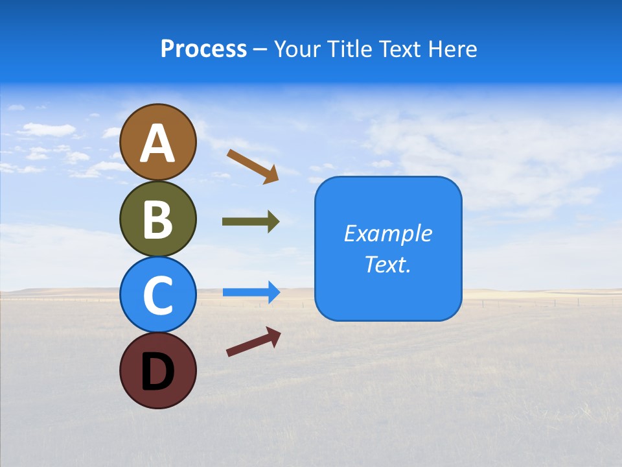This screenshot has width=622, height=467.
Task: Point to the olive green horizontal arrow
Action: point(250,222)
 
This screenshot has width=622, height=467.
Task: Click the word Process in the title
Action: point(203,49)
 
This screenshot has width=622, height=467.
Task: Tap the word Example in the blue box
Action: point(387,233)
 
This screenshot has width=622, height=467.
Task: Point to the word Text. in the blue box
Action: point(387,264)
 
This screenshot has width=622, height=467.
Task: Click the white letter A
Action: point(157,143)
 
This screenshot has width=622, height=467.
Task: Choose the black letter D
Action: point(157,372)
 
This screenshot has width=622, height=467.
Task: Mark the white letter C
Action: point(157,296)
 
